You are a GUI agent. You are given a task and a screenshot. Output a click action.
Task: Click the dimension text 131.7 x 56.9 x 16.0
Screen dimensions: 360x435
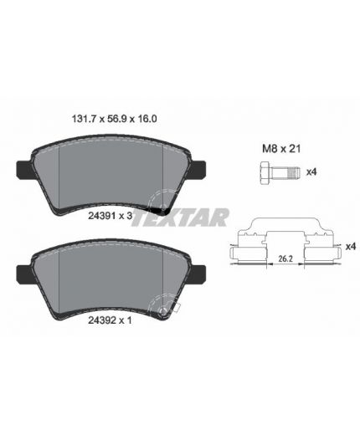coord(115,119)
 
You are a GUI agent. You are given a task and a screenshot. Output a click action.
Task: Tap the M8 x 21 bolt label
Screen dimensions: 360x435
coord(281,149)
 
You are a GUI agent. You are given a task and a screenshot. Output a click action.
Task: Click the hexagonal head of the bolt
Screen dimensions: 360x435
coord(265,172)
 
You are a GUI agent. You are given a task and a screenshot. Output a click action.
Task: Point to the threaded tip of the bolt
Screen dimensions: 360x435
coord(294,172)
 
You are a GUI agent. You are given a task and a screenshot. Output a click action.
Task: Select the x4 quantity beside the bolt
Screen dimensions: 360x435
coord(311,172)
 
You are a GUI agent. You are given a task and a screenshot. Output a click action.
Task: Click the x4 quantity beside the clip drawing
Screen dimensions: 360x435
coord(351,247)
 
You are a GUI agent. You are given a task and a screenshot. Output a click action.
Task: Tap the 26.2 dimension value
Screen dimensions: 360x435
coord(285,258)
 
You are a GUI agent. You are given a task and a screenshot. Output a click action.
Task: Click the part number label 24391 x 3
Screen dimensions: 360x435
coord(110,216)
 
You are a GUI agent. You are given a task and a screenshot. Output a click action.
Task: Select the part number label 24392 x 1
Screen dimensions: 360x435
coord(110,320)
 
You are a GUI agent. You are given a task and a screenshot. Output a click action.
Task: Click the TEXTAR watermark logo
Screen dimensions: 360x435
coord(181,217)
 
